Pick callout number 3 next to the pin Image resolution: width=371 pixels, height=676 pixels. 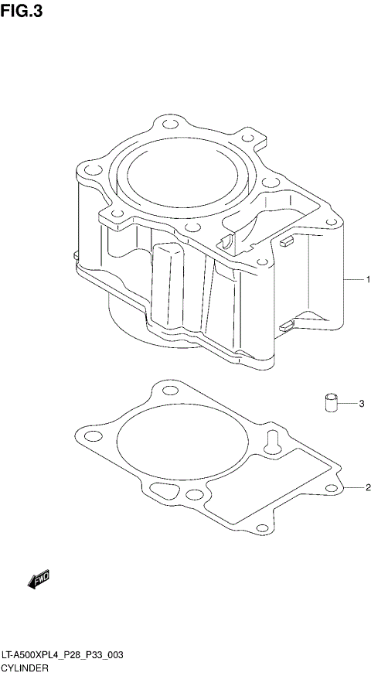click(361, 404)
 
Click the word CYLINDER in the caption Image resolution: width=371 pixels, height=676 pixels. click(26, 667)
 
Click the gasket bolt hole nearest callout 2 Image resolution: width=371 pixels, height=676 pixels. click(331, 487)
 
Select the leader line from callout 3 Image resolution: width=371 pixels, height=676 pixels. click(347, 404)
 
